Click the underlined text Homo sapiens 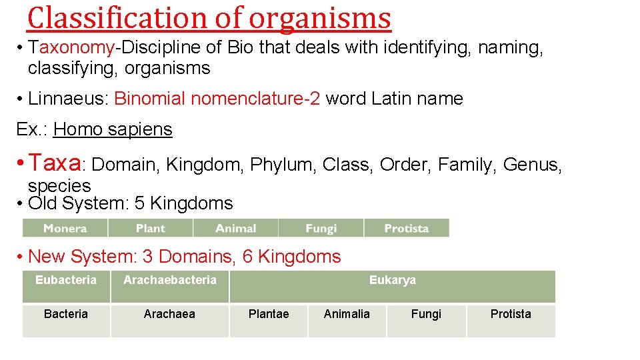[x=113, y=129]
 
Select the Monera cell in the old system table [x=65, y=228]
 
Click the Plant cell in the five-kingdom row [x=150, y=228]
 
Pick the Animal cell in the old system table [x=235, y=228]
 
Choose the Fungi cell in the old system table [x=321, y=228]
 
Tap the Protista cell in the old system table [x=406, y=228]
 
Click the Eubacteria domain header [x=66, y=281]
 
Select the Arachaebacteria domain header [x=170, y=281]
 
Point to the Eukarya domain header [x=392, y=281]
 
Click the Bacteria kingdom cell [x=66, y=314]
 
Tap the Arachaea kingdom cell [x=170, y=314]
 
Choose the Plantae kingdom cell [x=269, y=314]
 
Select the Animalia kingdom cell [x=347, y=314]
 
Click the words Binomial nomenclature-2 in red [x=217, y=99]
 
